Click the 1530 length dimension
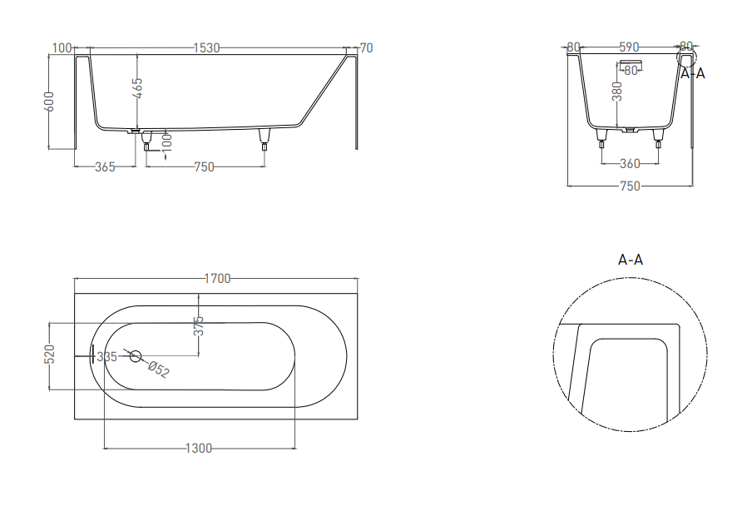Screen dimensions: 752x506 click(x=206, y=48)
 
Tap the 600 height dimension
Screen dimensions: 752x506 click(x=49, y=102)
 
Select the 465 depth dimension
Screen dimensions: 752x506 click(x=136, y=88)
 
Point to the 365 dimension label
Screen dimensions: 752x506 click(x=105, y=167)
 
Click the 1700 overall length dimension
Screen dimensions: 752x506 click(x=217, y=279)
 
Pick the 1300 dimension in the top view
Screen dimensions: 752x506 click(x=199, y=448)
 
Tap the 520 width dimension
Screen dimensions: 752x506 click(x=49, y=354)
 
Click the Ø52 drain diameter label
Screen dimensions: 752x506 click(x=159, y=370)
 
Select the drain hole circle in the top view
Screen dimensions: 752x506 click(x=136, y=356)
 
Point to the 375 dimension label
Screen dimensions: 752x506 click(x=199, y=325)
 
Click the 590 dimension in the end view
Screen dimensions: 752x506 click(x=629, y=47)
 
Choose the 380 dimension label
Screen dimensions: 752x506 click(x=617, y=92)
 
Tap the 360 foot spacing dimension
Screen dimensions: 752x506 click(x=630, y=164)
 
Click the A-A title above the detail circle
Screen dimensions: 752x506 click(x=631, y=260)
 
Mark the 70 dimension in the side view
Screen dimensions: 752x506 click(x=366, y=48)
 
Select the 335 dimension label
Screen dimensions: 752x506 click(x=107, y=357)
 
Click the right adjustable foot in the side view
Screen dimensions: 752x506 click(x=265, y=140)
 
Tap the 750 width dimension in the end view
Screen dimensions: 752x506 click(x=630, y=186)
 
